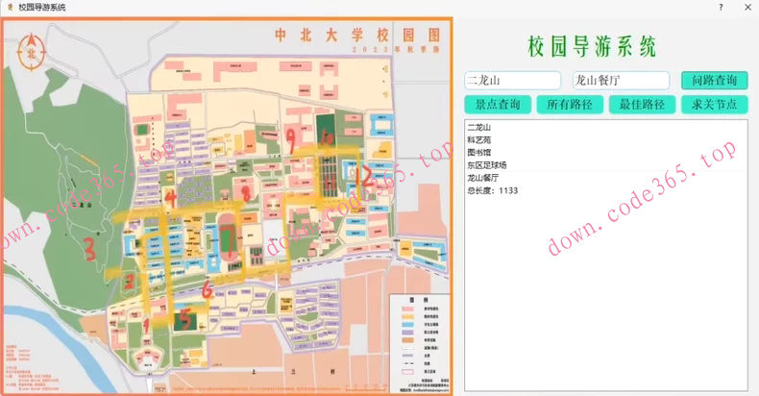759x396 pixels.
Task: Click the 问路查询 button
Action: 714,80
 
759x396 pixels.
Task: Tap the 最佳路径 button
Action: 642,104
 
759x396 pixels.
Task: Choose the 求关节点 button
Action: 714,104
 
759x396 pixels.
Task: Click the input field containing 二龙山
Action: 512,81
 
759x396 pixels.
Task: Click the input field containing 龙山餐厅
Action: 621,81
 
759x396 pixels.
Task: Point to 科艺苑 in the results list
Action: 478,139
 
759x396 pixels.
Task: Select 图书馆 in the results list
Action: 478,152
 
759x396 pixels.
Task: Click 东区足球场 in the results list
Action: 488,164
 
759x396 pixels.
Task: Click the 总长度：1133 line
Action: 492,190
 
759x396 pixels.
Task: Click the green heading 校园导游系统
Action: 592,46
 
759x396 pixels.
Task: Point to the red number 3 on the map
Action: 89,251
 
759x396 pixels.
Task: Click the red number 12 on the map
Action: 365,177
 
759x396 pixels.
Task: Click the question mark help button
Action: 721,7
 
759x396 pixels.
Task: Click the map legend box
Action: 416,337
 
